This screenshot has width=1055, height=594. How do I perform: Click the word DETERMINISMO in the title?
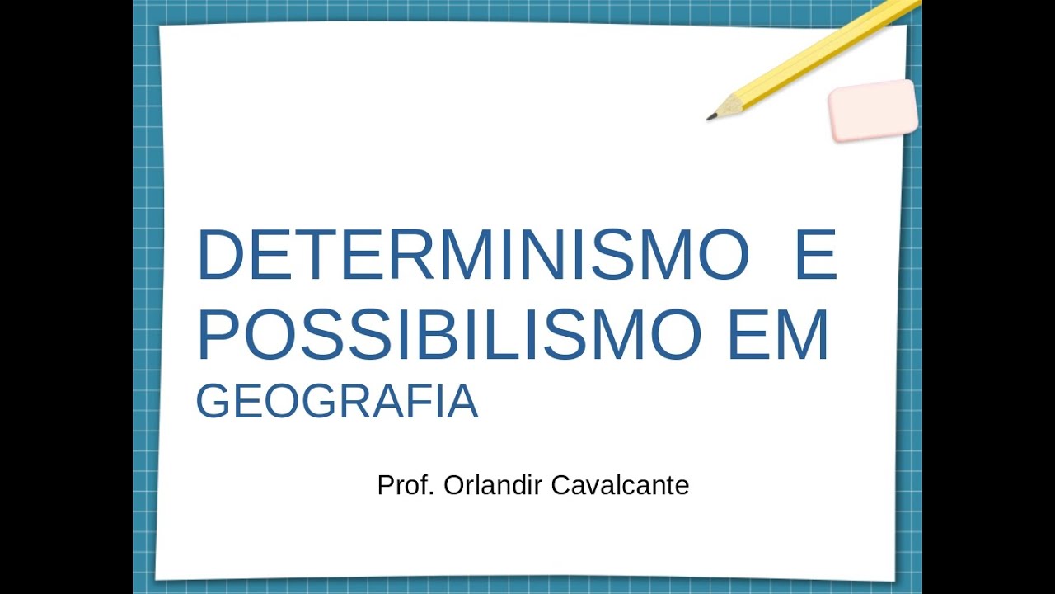pos(472,255)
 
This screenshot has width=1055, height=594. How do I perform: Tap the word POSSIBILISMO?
pos(448,335)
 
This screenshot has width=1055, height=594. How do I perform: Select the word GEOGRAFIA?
pos(336,402)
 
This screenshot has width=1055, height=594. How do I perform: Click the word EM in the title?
pos(777,335)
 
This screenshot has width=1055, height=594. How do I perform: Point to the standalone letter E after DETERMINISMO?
pos(816,255)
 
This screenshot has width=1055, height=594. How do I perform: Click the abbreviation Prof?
pos(406,485)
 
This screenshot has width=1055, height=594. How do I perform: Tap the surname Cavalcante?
pos(619,485)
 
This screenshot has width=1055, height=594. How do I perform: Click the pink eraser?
pos(873,111)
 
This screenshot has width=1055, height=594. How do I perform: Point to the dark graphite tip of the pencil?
pos(710,118)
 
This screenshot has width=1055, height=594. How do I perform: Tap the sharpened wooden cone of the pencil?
pos(727,107)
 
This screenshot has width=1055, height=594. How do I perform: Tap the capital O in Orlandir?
pos(454,485)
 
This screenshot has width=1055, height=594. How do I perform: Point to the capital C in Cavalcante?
pos(560,485)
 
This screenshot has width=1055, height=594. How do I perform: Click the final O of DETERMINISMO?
pos(723,255)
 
